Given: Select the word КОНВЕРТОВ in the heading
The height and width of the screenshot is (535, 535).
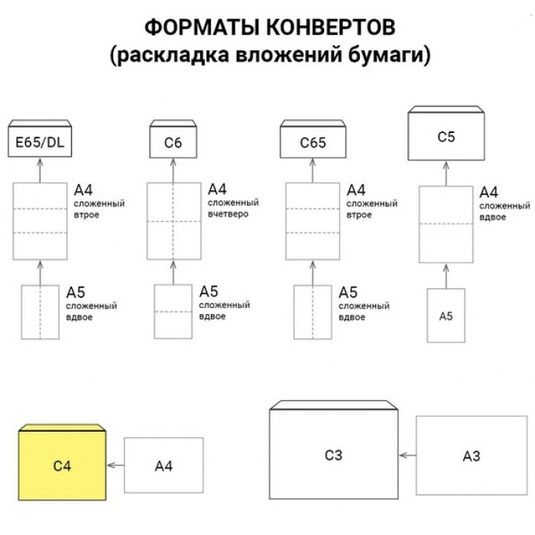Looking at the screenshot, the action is click(330, 28).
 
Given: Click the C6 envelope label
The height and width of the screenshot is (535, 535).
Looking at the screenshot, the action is click(173, 143).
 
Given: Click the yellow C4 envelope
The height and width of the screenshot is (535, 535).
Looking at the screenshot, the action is click(62, 462).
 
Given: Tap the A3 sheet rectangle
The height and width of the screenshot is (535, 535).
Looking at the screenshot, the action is click(472, 456).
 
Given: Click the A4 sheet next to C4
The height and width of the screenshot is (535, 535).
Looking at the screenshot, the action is click(164, 465).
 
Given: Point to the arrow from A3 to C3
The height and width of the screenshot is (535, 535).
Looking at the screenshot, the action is click(407, 456).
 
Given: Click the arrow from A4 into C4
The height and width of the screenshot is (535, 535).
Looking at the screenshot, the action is click(115, 465).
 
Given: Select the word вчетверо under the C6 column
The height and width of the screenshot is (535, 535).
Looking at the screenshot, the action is click(228, 214).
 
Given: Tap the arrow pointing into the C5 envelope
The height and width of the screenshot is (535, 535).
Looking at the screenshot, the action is click(446, 173).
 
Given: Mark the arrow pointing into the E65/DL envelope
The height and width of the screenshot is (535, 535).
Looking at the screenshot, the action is click(40, 170).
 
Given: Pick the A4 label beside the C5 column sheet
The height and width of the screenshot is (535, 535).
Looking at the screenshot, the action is click(488, 193).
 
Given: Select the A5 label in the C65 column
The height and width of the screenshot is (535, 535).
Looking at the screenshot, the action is click(348, 293).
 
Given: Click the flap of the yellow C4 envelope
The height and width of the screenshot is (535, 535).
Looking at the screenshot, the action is click(62, 428).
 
